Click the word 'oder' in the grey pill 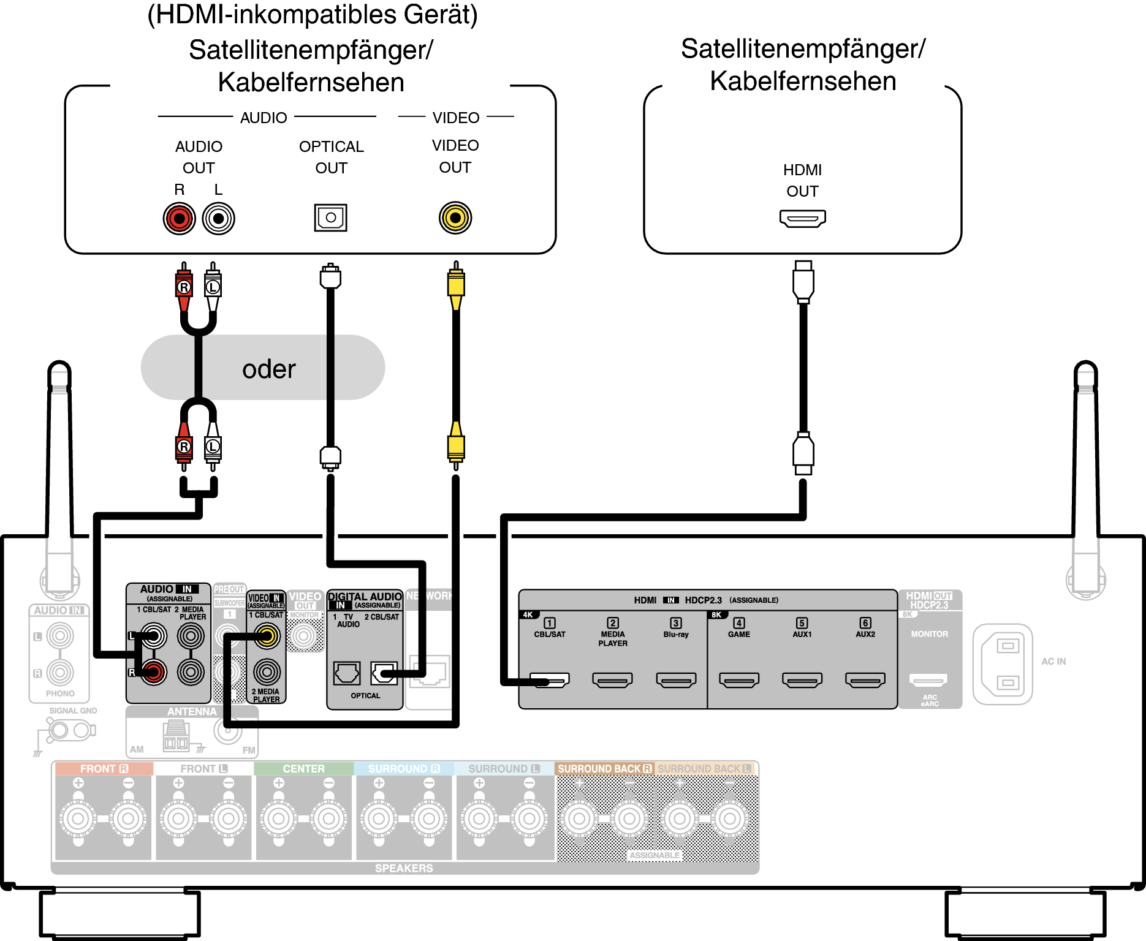268,369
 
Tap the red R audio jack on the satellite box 179,218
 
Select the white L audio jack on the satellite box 218,218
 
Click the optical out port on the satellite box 331,217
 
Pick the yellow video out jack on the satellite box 455,217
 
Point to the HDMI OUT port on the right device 802,218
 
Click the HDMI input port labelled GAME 739,679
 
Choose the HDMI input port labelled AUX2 865,679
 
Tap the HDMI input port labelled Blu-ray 676,679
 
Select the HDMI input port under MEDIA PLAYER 613,679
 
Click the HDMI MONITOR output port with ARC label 929,679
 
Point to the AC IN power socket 1003,664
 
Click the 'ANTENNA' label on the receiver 192,712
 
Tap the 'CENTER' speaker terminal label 303,769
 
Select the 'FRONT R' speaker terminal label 104,769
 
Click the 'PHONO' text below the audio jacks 60,693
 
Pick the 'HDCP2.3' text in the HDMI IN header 703,600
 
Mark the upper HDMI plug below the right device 803,282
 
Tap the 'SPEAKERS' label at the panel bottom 404,868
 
